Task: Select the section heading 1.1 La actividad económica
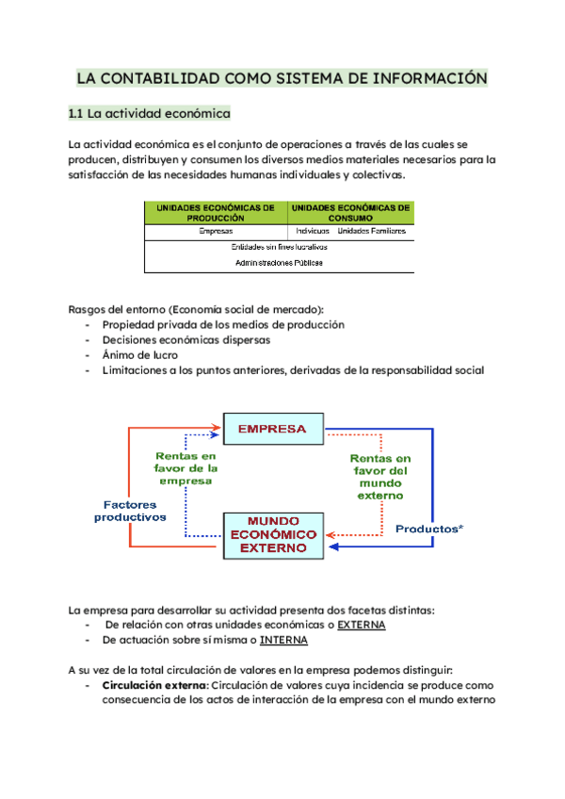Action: [x=149, y=114]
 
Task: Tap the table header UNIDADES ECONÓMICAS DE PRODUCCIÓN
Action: [x=216, y=211]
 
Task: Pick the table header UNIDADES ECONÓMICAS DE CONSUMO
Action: [x=350, y=211]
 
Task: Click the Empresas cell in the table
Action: [x=216, y=231]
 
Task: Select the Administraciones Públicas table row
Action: [x=279, y=263]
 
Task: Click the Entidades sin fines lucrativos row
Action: [x=279, y=247]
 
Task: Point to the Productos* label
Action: [x=428, y=529]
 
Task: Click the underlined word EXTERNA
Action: [x=362, y=625]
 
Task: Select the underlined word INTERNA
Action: [x=283, y=641]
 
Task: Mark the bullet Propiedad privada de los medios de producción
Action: [x=223, y=324]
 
